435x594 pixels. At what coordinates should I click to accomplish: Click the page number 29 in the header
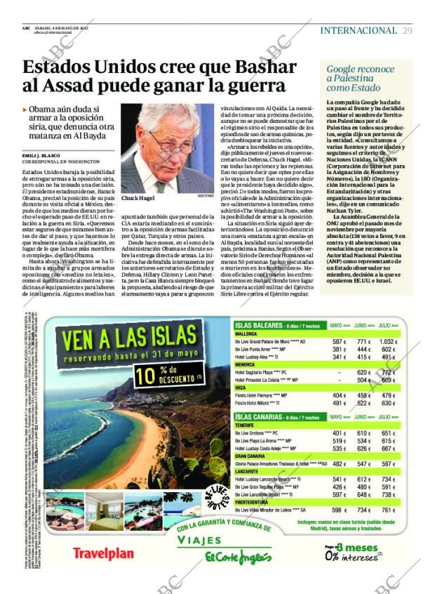coord(408,30)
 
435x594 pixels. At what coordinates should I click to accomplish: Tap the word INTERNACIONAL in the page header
coord(358,30)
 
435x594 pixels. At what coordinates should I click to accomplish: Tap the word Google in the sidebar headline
coord(342,70)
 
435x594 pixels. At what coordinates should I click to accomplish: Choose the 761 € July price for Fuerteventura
coord(388,510)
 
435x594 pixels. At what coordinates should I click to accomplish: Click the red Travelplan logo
coord(103,553)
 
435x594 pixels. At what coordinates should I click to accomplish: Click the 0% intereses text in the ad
coord(352,557)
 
